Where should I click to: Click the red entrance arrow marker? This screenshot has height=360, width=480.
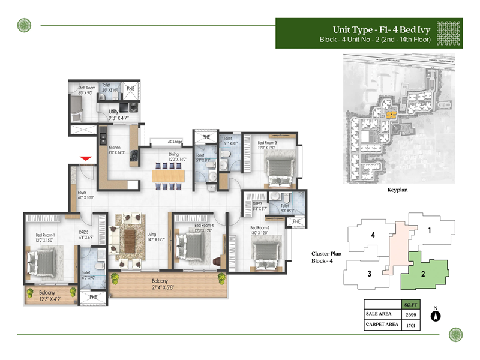pyautogui.click(x=86, y=158)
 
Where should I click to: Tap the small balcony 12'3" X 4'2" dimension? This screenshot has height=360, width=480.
pyautogui.click(x=49, y=298)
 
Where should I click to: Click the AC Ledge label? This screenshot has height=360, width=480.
pyautogui.click(x=174, y=142)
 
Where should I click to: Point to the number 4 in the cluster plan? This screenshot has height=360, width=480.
pyautogui.click(x=373, y=235)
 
